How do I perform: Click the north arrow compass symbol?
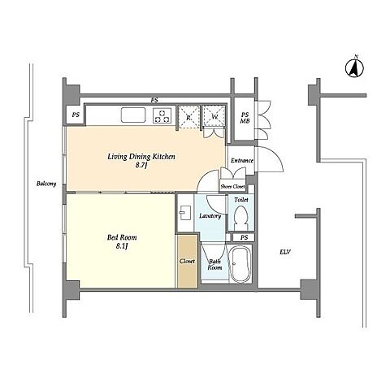[354, 67]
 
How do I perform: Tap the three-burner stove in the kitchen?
[162, 115]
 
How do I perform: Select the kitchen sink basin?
[133, 115]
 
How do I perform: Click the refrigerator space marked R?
[188, 116]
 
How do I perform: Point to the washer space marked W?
[214, 116]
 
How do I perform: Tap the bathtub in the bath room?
[240, 264]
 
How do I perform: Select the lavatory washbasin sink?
[185, 212]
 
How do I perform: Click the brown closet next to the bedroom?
[188, 261]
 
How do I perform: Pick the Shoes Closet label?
[232, 187]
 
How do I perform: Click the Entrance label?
[242, 160]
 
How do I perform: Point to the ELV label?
[285, 252]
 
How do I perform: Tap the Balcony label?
[46, 184]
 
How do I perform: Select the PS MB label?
[245, 118]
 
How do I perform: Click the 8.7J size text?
[141, 165]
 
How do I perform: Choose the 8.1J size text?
[122, 246]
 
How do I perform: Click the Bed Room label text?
[122, 237]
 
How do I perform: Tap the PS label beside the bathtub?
[244, 237]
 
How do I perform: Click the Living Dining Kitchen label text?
[141, 157]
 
